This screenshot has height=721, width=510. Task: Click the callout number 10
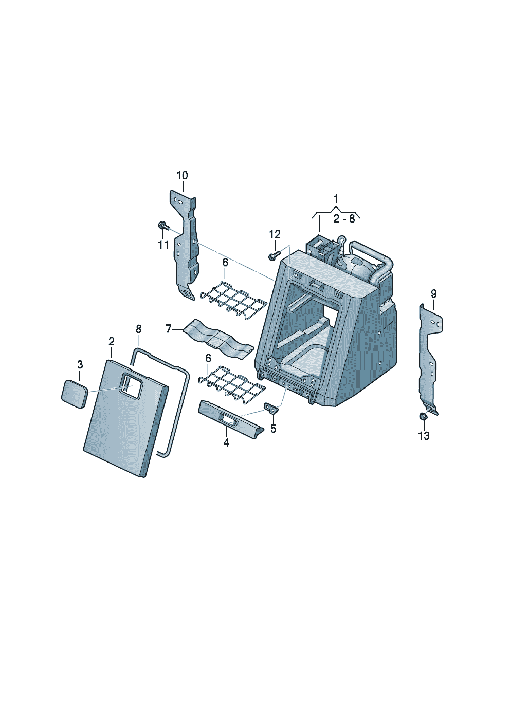click(x=182, y=176)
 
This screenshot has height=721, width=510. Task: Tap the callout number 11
click(x=163, y=245)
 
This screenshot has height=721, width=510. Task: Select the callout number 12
click(x=275, y=234)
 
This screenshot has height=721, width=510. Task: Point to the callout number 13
click(x=424, y=436)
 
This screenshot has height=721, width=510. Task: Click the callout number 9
click(x=434, y=293)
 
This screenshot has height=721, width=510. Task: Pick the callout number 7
click(x=169, y=329)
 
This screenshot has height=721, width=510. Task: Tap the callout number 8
click(x=138, y=329)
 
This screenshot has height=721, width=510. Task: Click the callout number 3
click(x=80, y=365)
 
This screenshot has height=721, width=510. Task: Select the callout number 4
click(x=226, y=443)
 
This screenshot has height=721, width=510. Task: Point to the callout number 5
click(x=274, y=429)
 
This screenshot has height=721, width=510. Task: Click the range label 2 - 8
click(x=344, y=219)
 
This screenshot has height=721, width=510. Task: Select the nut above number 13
click(x=423, y=416)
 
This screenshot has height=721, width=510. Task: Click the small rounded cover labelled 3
click(x=75, y=394)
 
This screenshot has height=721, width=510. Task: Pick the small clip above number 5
click(x=271, y=408)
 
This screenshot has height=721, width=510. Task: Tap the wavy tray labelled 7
click(x=218, y=338)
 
